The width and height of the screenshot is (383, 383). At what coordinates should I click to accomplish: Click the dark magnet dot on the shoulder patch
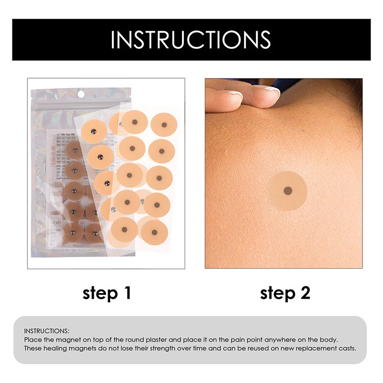tap(288, 191)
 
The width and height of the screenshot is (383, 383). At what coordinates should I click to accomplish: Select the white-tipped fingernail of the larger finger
tap(271, 90)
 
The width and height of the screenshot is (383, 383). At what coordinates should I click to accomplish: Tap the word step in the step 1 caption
tap(100, 293)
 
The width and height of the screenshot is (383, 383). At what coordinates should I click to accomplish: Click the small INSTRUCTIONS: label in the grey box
tap(46, 331)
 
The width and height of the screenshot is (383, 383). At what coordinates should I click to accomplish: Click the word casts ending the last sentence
tap(347, 348)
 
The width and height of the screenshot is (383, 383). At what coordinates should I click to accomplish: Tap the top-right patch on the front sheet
tap(164, 125)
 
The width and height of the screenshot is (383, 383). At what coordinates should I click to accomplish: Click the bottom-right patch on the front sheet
tap(154, 232)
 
